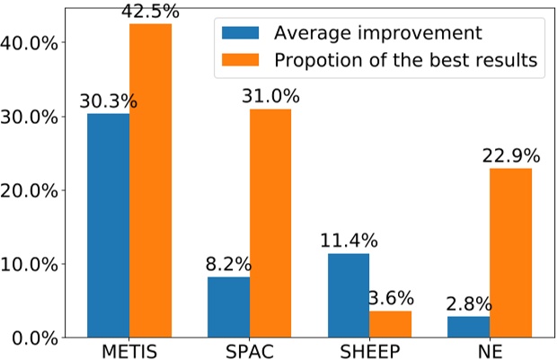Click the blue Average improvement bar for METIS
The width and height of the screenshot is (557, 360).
108,226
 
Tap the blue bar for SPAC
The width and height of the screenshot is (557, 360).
228,307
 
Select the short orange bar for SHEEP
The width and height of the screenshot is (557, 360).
391,324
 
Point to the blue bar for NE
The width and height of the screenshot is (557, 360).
469,327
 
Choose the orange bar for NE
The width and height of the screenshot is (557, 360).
511,253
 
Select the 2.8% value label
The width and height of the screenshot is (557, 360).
465,303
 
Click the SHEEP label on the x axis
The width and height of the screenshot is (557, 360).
369,350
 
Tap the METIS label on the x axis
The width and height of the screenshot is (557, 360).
128,350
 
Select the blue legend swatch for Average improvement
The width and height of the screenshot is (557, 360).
241,33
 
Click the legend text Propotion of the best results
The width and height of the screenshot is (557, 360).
406,60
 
